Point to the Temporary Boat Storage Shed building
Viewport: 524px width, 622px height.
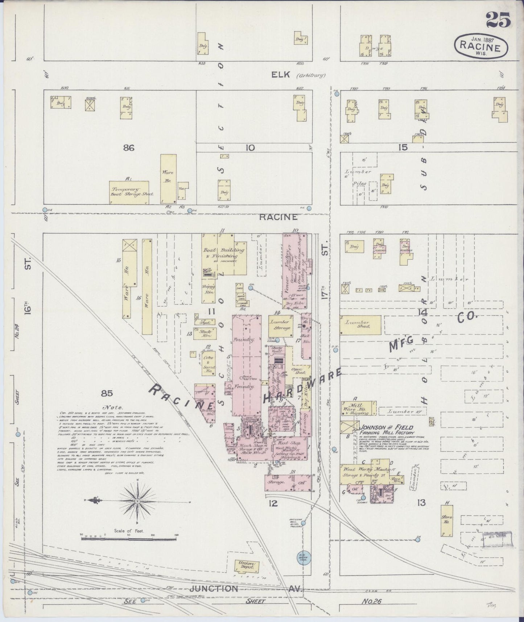tap(129, 192)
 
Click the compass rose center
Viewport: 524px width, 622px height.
tap(138, 501)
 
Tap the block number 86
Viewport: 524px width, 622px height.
tap(129, 148)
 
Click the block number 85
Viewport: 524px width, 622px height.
tap(107, 393)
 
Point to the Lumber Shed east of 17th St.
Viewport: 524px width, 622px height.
tap(360, 324)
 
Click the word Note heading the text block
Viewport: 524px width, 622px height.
tap(114, 407)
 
